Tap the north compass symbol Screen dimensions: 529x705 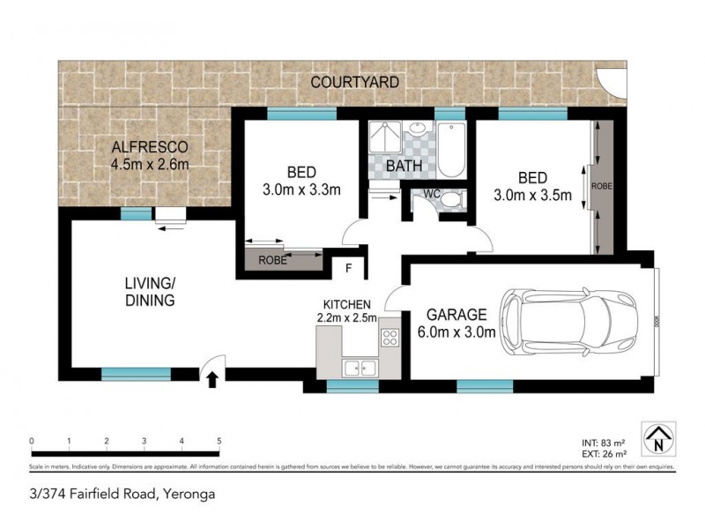click(x=657, y=438)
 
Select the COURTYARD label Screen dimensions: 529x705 click(x=354, y=82)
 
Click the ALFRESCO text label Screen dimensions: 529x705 click(x=150, y=146)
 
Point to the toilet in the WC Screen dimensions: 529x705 click(x=449, y=200)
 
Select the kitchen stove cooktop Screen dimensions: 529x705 click(x=390, y=338)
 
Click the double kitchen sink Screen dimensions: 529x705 click(x=359, y=369)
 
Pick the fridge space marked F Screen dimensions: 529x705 click(x=349, y=267)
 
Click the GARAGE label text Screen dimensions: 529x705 click(x=457, y=314)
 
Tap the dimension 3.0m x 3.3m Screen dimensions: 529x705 click(x=302, y=188)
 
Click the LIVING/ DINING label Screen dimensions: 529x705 click(x=149, y=291)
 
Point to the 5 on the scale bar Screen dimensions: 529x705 click(x=219, y=441)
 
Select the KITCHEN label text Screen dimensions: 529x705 click(x=346, y=304)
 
